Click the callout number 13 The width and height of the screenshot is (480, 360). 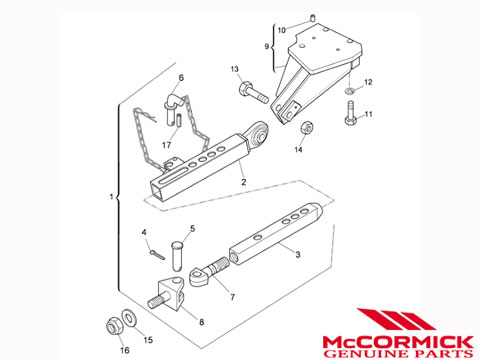(x=235, y=69)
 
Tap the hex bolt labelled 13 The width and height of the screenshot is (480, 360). (x=253, y=92)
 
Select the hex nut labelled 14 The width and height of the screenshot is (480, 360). (x=307, y=128)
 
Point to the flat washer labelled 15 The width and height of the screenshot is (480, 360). (x=129, y=317)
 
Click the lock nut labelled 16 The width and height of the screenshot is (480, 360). (x=115, y=326)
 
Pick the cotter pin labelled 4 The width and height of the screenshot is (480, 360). (x=157, y=254)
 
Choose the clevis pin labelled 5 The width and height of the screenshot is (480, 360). (x=177, y=256)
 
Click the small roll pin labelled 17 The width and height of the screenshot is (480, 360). (x=179, y=120)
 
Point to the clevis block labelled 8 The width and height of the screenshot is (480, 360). (x=167, y=293)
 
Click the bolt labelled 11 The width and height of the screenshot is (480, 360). (x=350, y=113)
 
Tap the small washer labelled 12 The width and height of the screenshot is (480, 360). (x=349, y=90)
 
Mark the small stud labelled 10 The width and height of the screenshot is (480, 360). (x=313, y=18)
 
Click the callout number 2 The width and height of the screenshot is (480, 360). (x=244, y=182)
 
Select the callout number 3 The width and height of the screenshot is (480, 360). (x=298, y=255)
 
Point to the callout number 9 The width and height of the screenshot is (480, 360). (x=267, y=46)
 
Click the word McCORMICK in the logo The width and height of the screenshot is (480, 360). (x=398, y=342)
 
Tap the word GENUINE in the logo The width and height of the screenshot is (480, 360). (x=366, y=353)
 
